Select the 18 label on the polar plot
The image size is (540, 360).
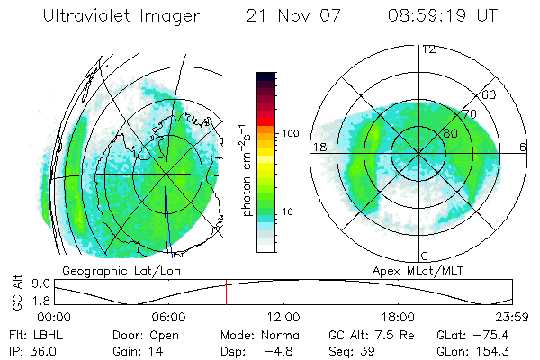pyautogui.click(x=319, y=147)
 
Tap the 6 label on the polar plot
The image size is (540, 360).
pyautogui.click(x=523, y=147)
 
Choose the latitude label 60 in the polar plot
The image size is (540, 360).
pyautogui.click(x=490, y=94)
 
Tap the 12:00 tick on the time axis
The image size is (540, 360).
pyautogui.click(x=283, y=316)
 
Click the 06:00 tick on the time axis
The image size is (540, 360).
pyautogui.click(x=169, y=316)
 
